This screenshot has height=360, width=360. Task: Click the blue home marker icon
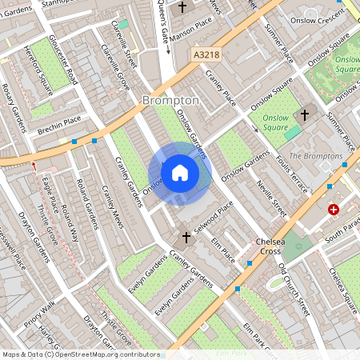(x=180, y=172)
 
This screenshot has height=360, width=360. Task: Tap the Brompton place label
(x=170, y=100)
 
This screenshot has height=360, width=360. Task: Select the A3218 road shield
(x=206, y=54)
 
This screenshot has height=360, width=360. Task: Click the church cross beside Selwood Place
(x=186, y=238)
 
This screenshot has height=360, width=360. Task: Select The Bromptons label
(x=315, y=156)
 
